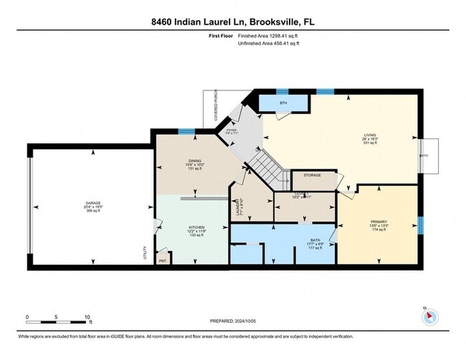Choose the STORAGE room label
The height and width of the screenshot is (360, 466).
[x=312, y=175]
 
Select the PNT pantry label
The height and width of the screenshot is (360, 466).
[x=163, y=261]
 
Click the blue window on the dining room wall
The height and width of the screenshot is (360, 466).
[x=187, y=131]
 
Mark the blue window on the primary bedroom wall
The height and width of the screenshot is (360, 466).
[x=421, y=226]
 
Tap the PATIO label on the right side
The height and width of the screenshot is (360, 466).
[x=422, y=153]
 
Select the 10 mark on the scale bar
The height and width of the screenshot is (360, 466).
[x=87, y=316]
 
